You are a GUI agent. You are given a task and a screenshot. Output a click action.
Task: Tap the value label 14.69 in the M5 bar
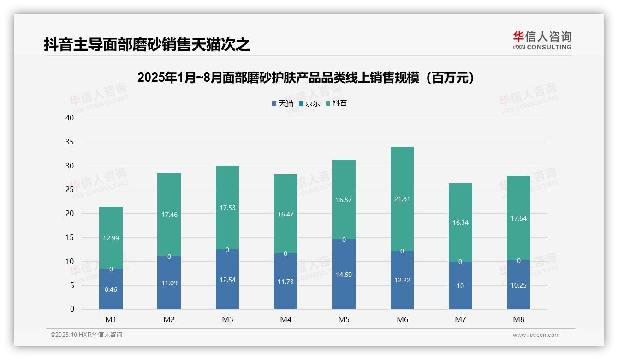pos(344,275)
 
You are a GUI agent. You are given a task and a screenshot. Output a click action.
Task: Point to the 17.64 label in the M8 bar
pos(518,218)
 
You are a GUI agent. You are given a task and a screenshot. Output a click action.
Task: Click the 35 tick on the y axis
pos(70,142)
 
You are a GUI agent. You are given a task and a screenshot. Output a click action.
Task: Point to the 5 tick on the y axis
pos(72,285)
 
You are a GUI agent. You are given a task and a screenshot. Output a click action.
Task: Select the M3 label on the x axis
pos(227,319)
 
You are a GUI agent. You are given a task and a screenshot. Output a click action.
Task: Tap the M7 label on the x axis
pos(460,319)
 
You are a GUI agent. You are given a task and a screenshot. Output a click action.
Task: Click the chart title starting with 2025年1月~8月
pos(306,78)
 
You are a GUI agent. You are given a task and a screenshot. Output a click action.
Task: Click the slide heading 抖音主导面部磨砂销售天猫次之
pos(147,45)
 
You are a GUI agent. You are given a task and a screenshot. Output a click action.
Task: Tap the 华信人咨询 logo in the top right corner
pos(542,40)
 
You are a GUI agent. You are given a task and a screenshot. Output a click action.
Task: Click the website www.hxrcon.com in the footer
pos(536,335)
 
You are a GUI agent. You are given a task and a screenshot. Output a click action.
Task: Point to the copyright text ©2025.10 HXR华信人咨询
pos(86,335)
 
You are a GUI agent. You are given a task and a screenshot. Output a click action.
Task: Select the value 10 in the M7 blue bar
pos(460,286)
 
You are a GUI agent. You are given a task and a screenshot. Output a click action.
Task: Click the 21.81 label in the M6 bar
pos(402,199)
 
